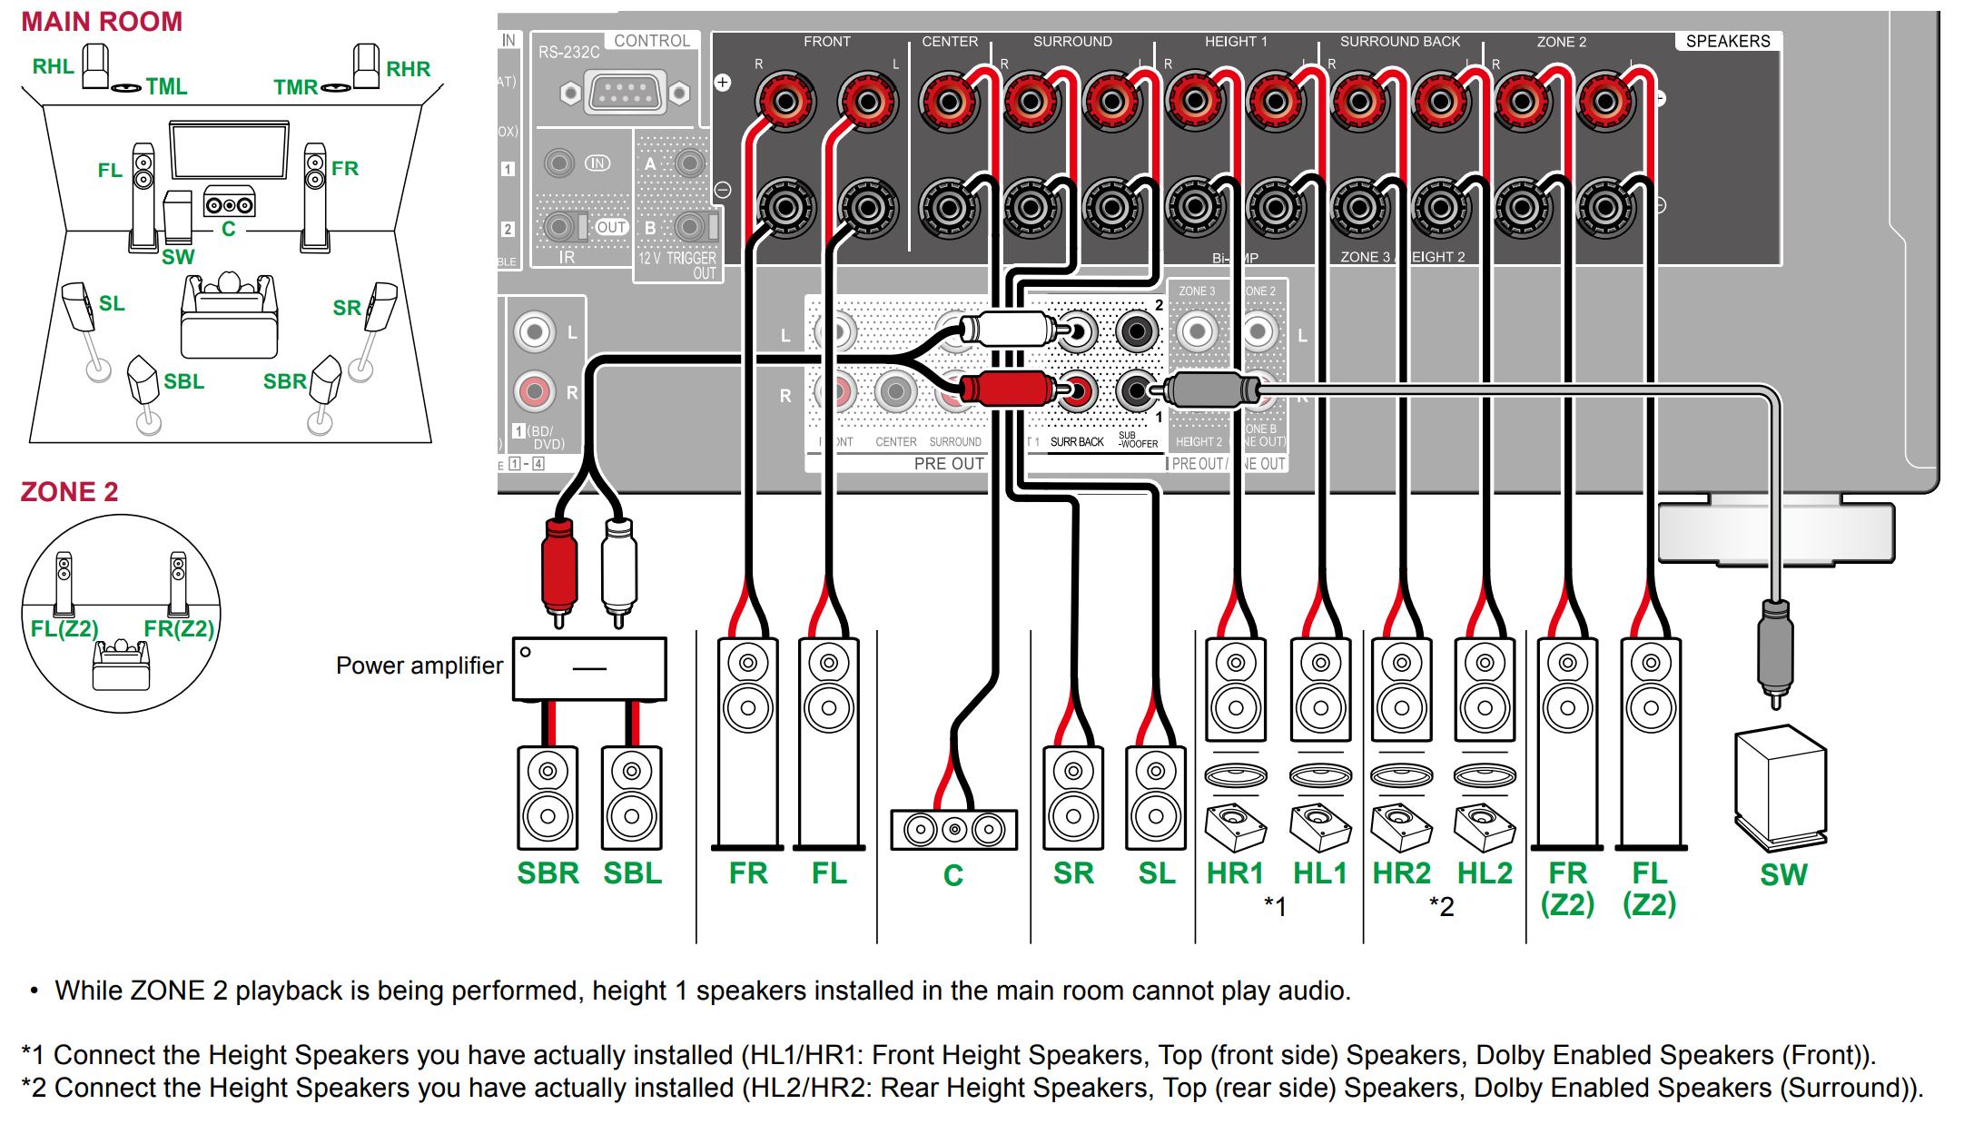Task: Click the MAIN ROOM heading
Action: click(102, 22)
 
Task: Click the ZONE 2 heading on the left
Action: click(69, 491)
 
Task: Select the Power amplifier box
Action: click(589, 668)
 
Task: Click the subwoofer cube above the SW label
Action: click(1780, 786)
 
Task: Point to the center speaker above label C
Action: click(953, 829)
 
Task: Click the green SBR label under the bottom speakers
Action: click(548, 873)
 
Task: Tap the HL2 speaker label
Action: click(1485, 873)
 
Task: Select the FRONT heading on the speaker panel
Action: click(826, 42)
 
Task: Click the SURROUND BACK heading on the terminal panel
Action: click(1399, 42)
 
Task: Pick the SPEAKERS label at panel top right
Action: click(1727, 41)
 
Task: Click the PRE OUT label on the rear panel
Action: click(948, 463)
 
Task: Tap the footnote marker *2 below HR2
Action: click(1442, 906)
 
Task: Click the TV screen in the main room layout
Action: click(229, 151)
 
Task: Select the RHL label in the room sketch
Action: click(53, 66)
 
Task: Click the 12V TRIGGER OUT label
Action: click(677, 264)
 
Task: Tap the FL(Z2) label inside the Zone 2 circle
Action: click(64, 628)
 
